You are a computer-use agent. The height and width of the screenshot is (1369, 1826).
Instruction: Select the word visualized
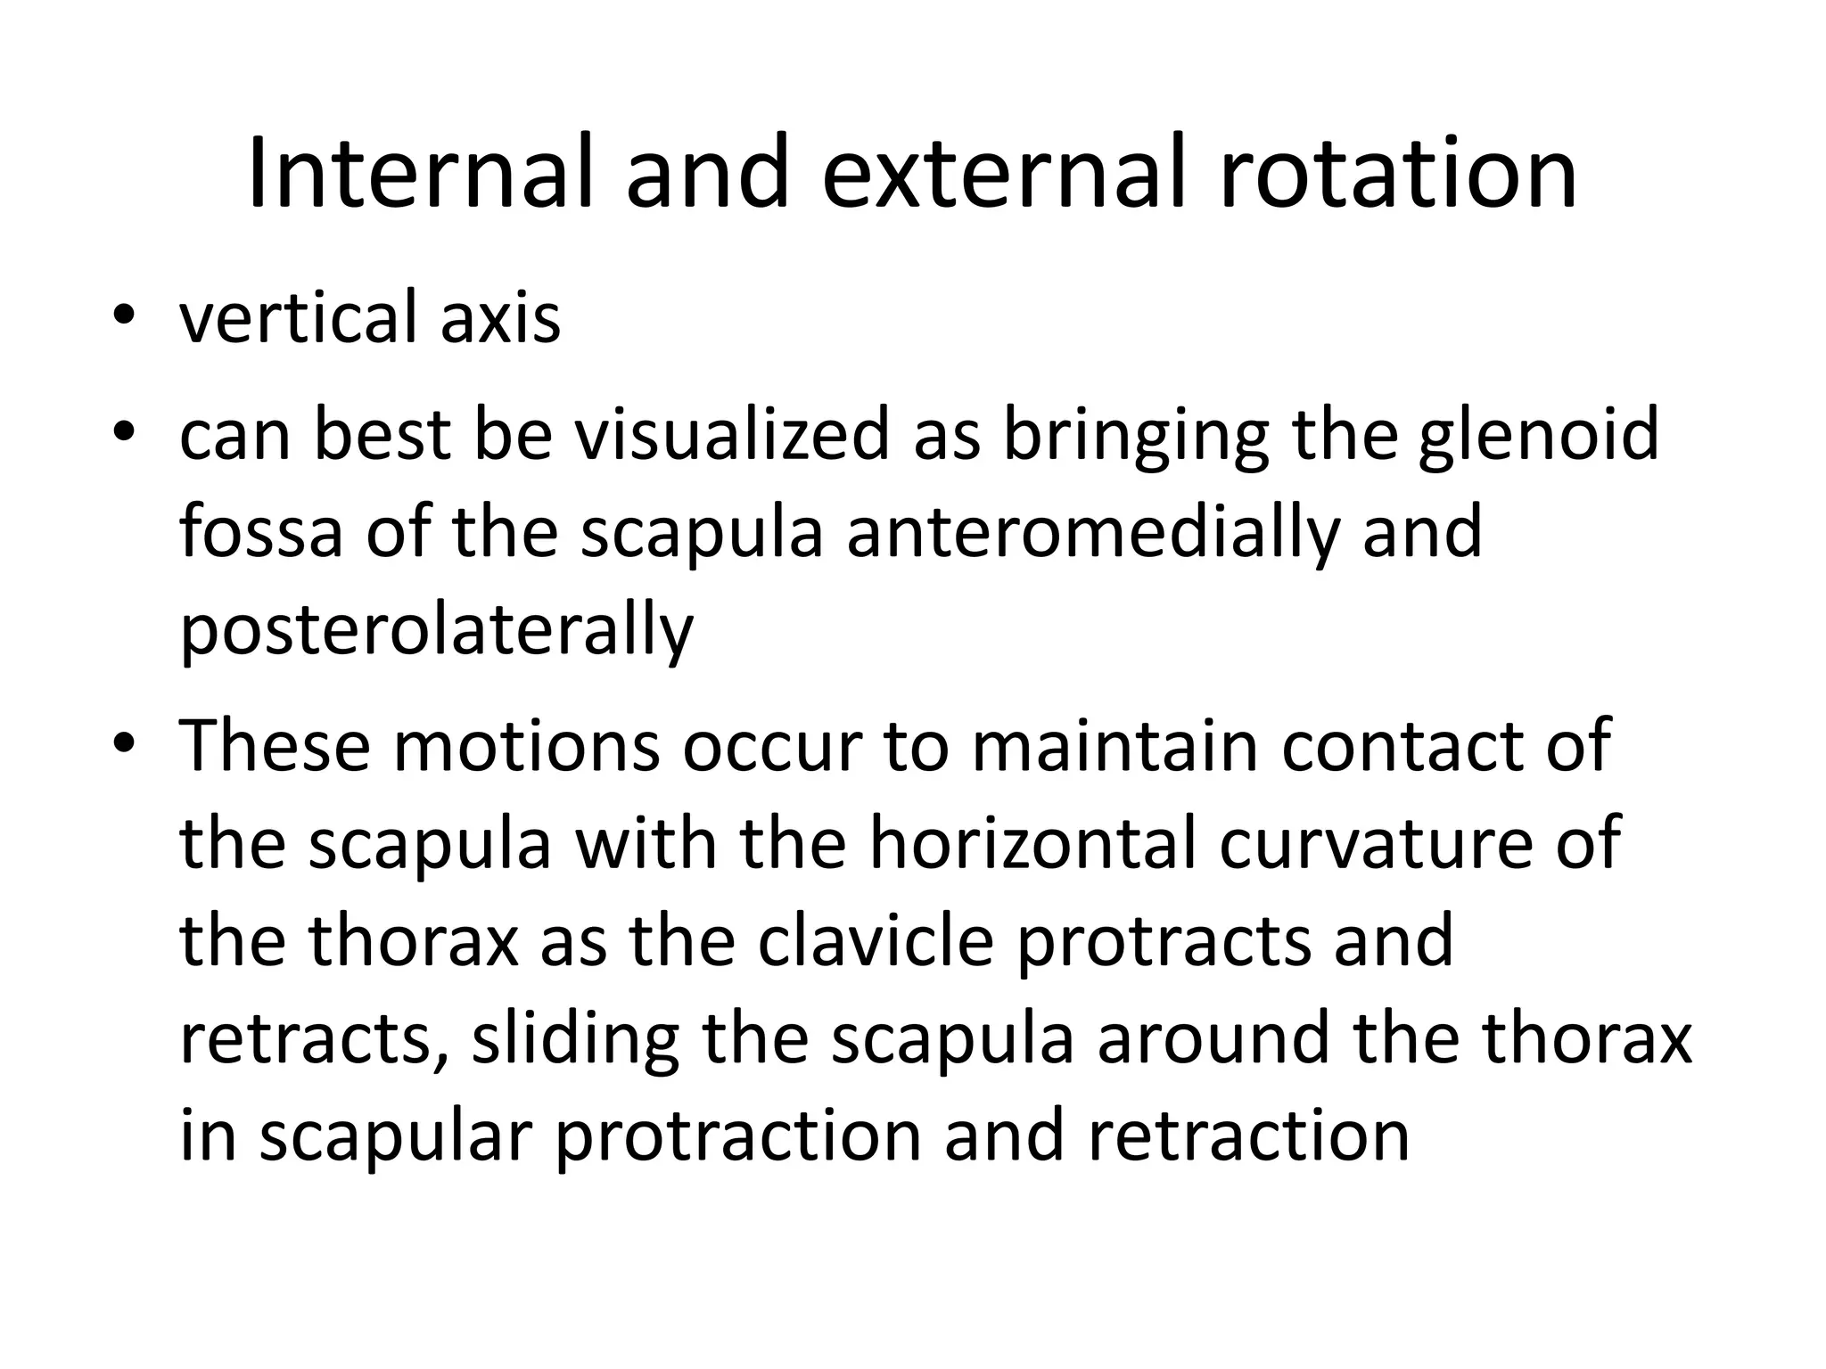coord(731,435)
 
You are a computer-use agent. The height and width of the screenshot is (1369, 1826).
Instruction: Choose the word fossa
coord(260,533)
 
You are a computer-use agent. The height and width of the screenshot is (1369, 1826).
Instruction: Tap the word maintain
coord(1115,745)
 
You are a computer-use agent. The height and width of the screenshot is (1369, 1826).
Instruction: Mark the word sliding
coord(575,1039)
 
